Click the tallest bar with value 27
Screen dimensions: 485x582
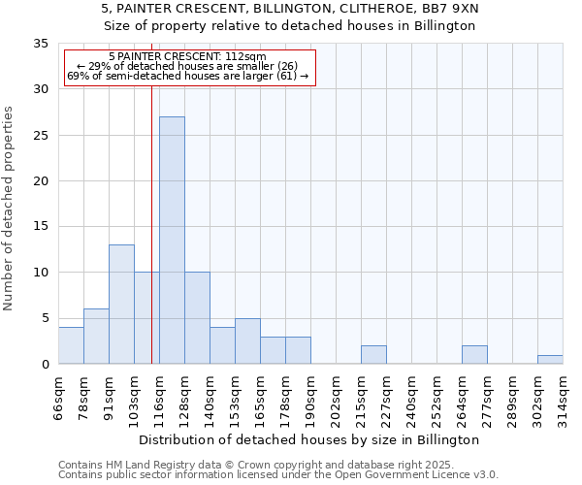coord(172,240)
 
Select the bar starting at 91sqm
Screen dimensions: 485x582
coord(121,304)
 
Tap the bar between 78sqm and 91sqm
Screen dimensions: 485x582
coord(96,336)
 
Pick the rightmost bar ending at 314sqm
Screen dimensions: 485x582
coord(550,359)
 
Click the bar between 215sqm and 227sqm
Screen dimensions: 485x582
coord(373,355)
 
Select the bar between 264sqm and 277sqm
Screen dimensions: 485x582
coord(474,355)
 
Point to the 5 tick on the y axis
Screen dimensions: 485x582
coord(44,318)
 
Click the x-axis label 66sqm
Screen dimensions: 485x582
coord(59,396)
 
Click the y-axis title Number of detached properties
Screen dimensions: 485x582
coord(10,209)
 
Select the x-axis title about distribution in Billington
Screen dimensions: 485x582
coord(310,439)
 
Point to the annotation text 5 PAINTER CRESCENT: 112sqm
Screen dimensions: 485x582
coord(187,57)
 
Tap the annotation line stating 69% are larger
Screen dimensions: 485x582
coord(187,76)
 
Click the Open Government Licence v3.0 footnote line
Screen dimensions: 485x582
coord(278,475)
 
